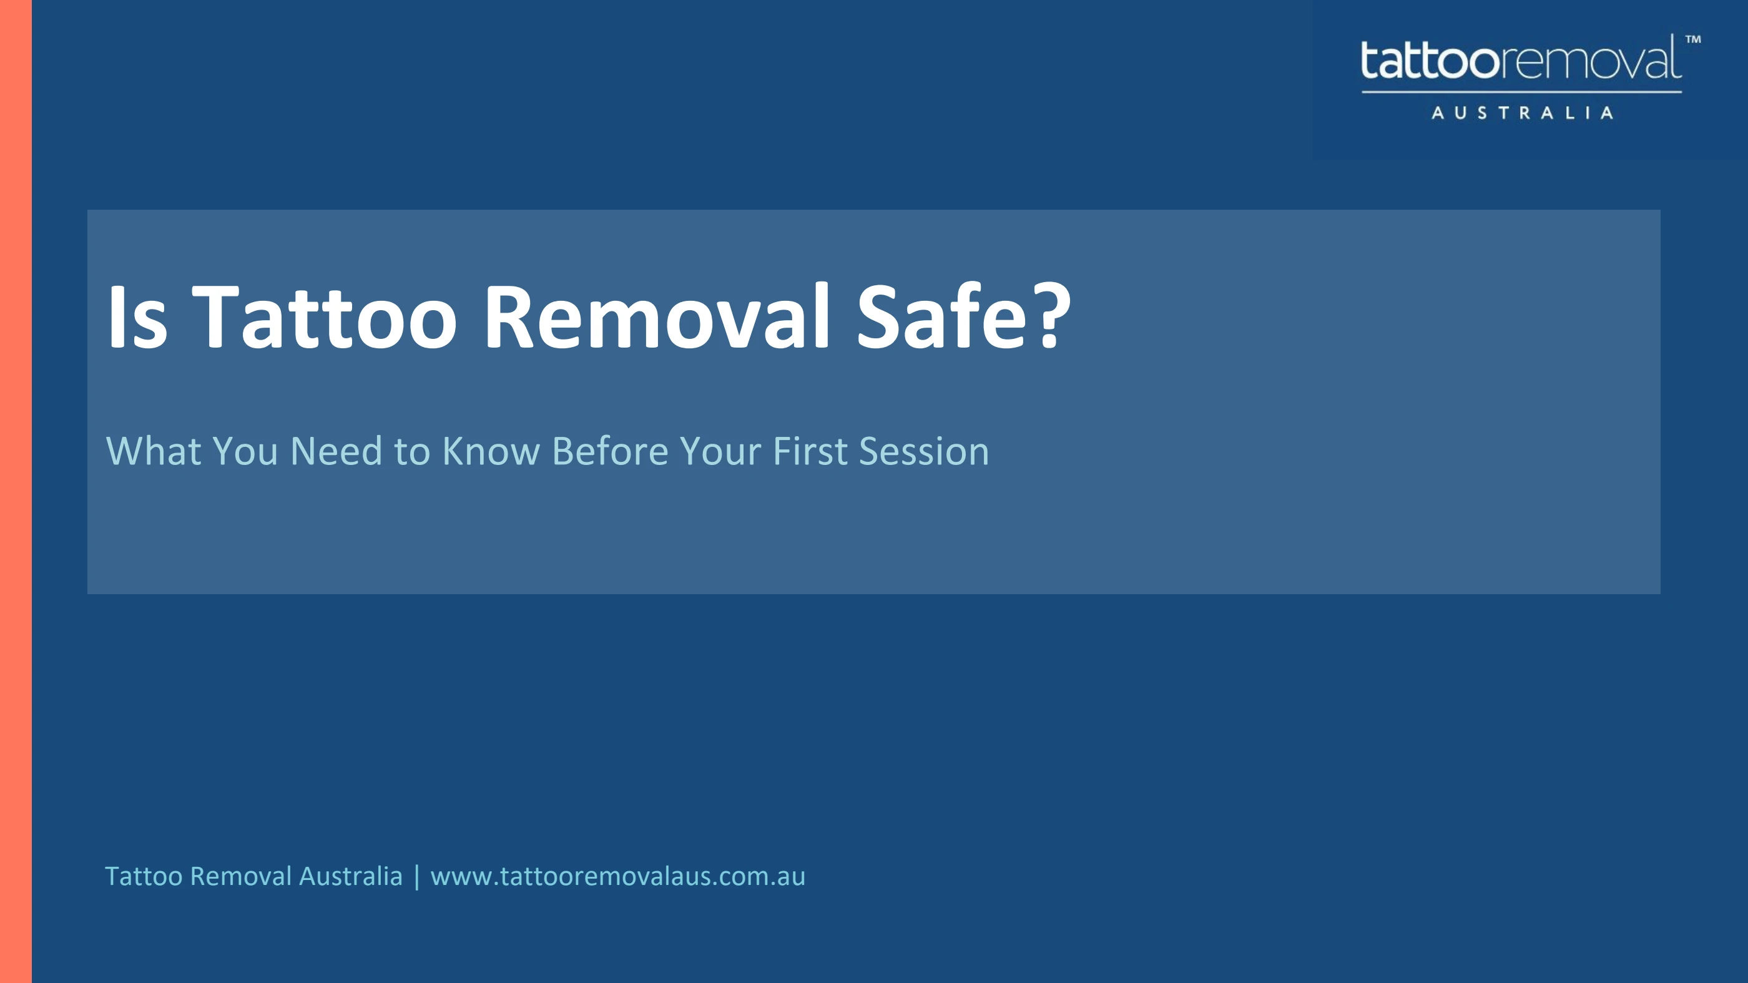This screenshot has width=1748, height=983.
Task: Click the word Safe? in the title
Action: tap(963, 316)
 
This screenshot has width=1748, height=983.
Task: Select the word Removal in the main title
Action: tap(657, 316)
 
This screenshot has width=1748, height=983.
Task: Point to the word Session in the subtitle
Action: tap(923, 451)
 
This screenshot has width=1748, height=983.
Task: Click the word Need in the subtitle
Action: tap(336, 451)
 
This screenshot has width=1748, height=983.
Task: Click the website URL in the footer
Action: tap(617, 876)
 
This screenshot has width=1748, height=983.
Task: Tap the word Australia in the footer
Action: tap(351, 876)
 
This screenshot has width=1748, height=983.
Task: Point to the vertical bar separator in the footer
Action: tap(416, 876)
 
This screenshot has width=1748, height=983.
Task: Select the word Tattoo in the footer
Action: tap(143, 876)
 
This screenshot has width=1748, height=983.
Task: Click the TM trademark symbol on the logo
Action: tap(1693, 39)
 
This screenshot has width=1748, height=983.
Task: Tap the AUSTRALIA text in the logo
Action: tap(1522, 112)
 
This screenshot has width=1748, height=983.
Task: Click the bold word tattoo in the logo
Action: tap(1430, 61)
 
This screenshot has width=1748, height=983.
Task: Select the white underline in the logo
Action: tap(1522, 92)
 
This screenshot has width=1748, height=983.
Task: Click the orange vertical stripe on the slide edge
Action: tap(16, 491)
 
